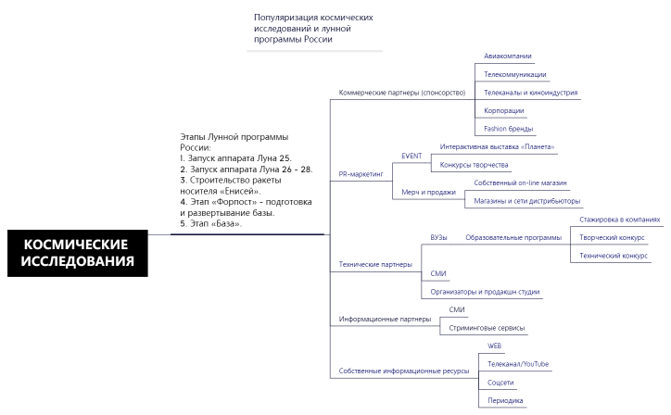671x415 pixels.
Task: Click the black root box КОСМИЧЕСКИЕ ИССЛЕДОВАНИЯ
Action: (78, 252)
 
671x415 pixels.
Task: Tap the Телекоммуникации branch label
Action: (514, 74)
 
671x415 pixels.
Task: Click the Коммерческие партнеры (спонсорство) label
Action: (401, 93)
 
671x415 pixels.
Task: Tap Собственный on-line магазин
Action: (513, 183)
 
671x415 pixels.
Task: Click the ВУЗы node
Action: (438, 237)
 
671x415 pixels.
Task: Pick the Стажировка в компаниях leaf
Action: (619, 220)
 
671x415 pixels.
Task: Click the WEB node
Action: (495, 346)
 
